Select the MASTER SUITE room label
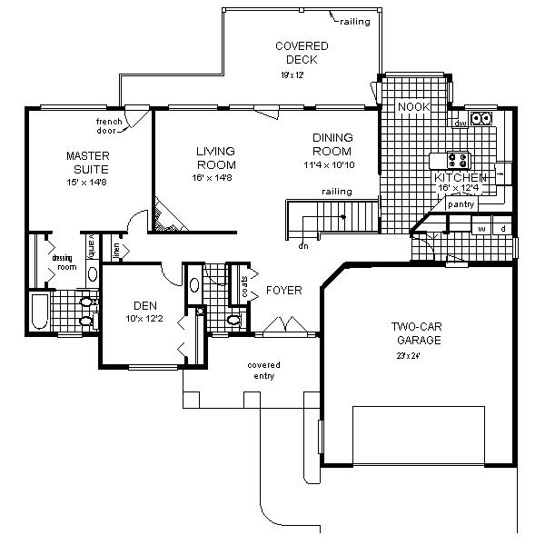87,163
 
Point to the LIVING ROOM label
215,158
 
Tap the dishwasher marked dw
461,123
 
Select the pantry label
461,204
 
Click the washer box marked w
481,229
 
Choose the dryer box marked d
502,229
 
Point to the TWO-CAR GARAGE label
417,333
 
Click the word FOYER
284,291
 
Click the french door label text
109,125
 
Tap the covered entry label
262,370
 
